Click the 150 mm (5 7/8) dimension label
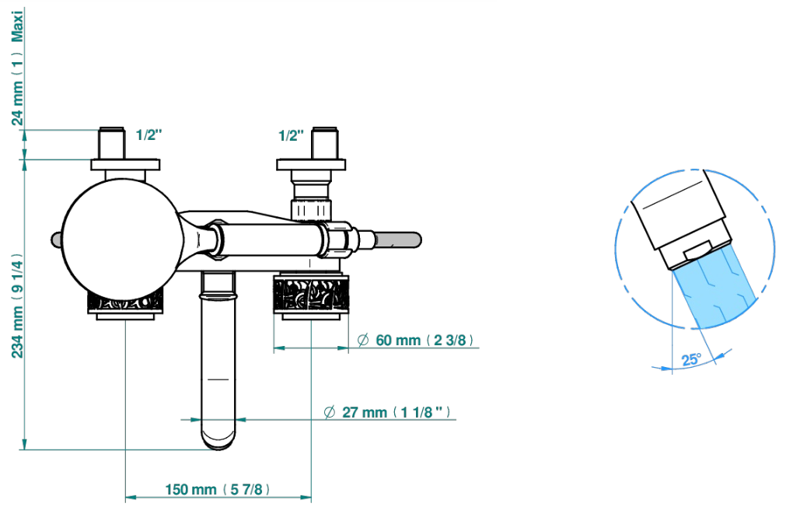tap(218, 489)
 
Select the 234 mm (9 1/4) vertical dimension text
tap(18, 306)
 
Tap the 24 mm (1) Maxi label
tap(18, 67)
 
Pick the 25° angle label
tap(691, 359)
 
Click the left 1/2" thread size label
tap(149, 135)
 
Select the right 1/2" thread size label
tap(292, 135)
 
